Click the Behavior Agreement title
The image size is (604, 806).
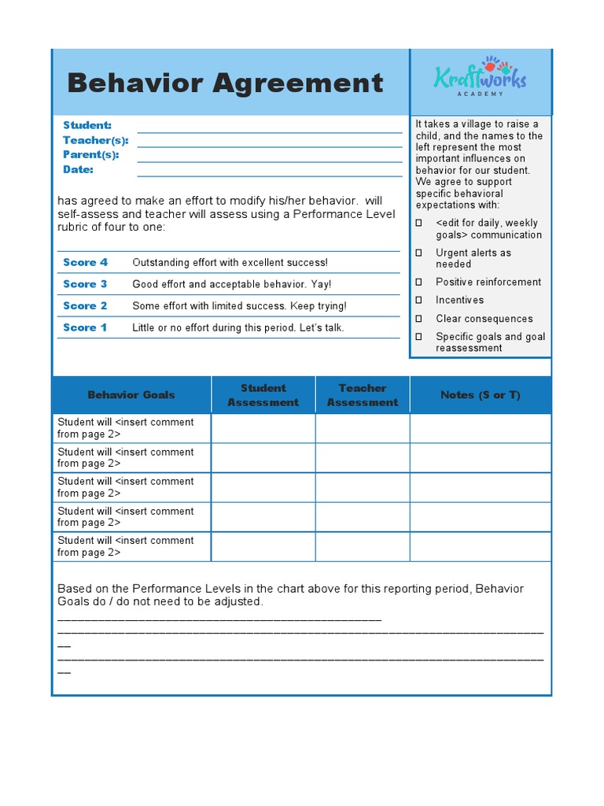225,83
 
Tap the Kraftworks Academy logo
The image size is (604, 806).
480,77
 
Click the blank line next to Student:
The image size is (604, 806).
269,127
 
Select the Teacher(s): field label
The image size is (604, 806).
95,140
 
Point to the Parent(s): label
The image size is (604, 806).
90,155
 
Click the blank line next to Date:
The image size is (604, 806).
269,171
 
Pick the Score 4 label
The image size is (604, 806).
85,262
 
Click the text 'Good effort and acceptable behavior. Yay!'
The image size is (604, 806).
231,284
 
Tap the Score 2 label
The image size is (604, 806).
85,305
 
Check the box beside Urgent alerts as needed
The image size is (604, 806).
419,253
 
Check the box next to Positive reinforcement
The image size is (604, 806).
419,282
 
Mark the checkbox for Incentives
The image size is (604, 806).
419,300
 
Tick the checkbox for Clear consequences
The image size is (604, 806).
419,319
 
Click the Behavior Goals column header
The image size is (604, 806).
131,394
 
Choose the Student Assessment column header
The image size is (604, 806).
263,395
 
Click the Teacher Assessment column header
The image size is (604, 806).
363,395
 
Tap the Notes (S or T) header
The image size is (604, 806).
481,394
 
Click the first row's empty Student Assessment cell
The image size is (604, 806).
263,428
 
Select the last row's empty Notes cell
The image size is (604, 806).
481,546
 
